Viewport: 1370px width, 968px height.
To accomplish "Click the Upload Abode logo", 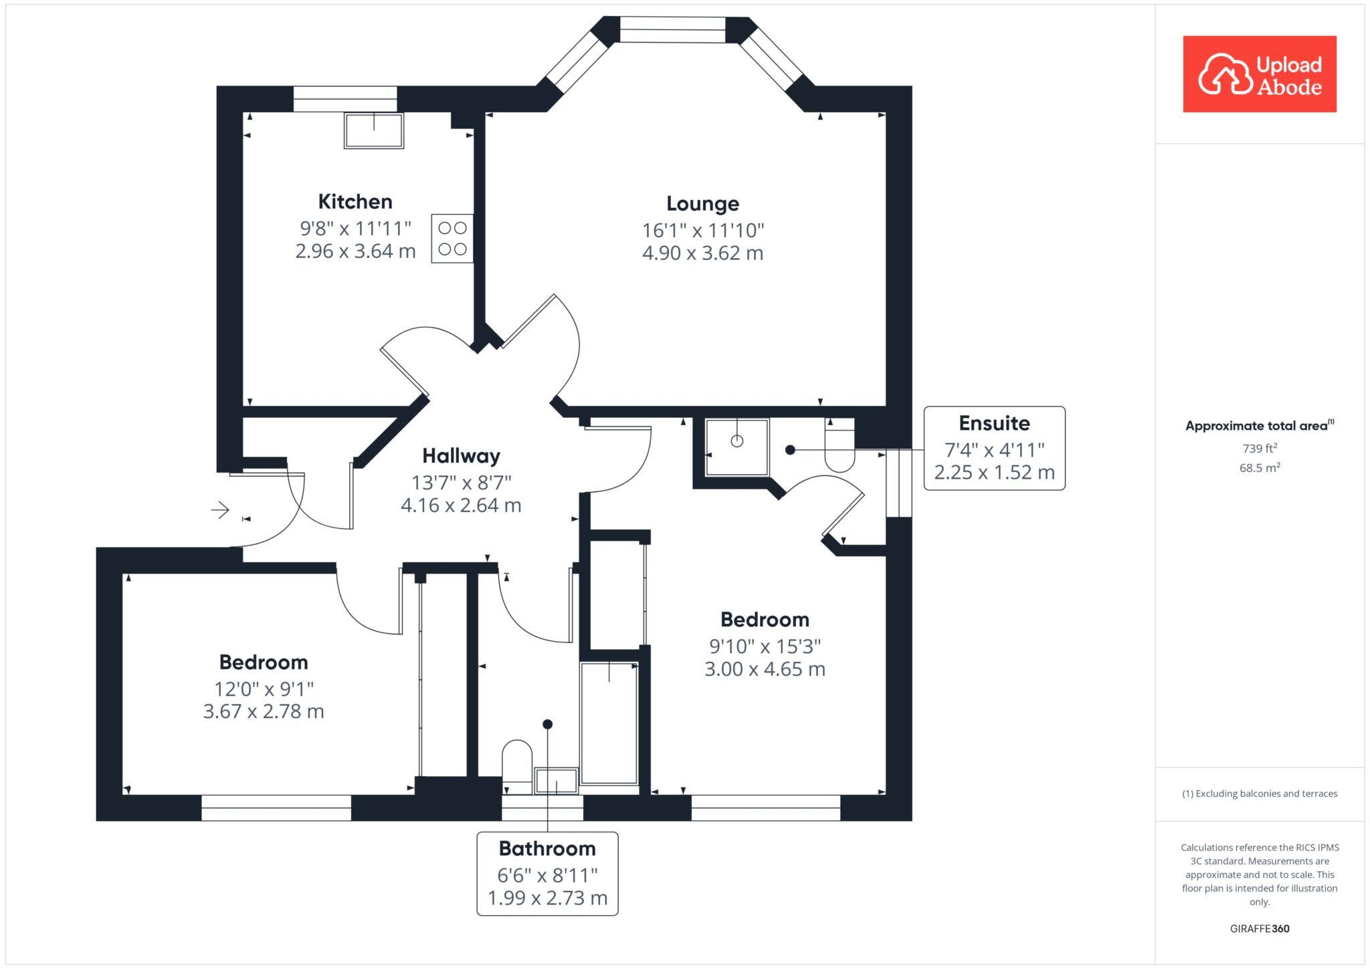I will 1259,74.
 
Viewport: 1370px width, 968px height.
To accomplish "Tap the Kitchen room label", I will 355,201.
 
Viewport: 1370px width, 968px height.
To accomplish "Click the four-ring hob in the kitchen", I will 452,239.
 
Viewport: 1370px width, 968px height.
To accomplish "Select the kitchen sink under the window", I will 374,130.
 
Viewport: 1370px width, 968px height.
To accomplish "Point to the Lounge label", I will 702,203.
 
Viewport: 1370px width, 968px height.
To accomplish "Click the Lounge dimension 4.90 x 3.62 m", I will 702,253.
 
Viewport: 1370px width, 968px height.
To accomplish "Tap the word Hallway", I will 461,456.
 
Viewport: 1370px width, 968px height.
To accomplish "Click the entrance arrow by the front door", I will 221,511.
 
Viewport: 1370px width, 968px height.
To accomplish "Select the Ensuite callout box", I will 994,448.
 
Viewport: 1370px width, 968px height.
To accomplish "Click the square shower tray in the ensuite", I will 737,447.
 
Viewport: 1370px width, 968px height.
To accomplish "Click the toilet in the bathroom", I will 516,762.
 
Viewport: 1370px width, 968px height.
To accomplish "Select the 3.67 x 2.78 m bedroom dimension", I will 264,711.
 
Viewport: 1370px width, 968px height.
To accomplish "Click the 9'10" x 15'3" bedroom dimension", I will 765,646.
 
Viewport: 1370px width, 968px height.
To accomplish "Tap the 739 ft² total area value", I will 1260,449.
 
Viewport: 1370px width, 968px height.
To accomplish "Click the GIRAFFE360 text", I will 1260,929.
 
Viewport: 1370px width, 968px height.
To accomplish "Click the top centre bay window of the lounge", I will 672,30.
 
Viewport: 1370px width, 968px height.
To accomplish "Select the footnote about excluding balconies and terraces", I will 1260,794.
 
